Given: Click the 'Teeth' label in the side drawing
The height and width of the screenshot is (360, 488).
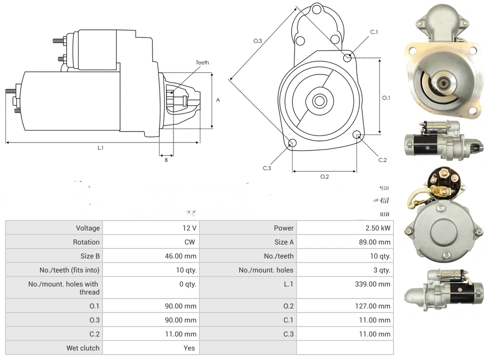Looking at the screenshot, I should pos(202,62).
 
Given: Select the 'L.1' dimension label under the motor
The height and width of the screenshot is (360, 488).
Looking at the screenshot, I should pos(100,147).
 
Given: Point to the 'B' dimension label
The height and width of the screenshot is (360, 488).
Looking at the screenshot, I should pos(166,160).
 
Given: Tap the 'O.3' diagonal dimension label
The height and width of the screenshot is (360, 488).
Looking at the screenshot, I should pos(258,41).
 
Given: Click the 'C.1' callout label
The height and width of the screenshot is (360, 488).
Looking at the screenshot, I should pos(374,32).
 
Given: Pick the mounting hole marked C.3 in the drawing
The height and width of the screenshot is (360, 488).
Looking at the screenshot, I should pos(293,144).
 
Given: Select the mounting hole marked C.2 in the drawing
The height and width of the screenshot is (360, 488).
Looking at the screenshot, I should pos(357,135).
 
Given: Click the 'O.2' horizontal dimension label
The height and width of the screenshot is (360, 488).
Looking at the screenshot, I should pos(324,176).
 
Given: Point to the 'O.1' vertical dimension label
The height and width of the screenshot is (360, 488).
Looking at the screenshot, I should pos(386,98).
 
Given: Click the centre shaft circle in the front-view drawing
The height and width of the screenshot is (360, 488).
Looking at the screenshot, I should pos(319,101).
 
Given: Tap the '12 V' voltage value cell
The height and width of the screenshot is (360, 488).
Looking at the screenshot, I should pos(189,228).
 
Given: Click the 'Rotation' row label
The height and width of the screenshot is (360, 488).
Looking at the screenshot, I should pos(86,242).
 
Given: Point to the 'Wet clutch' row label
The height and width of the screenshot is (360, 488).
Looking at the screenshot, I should pos(83,348).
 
